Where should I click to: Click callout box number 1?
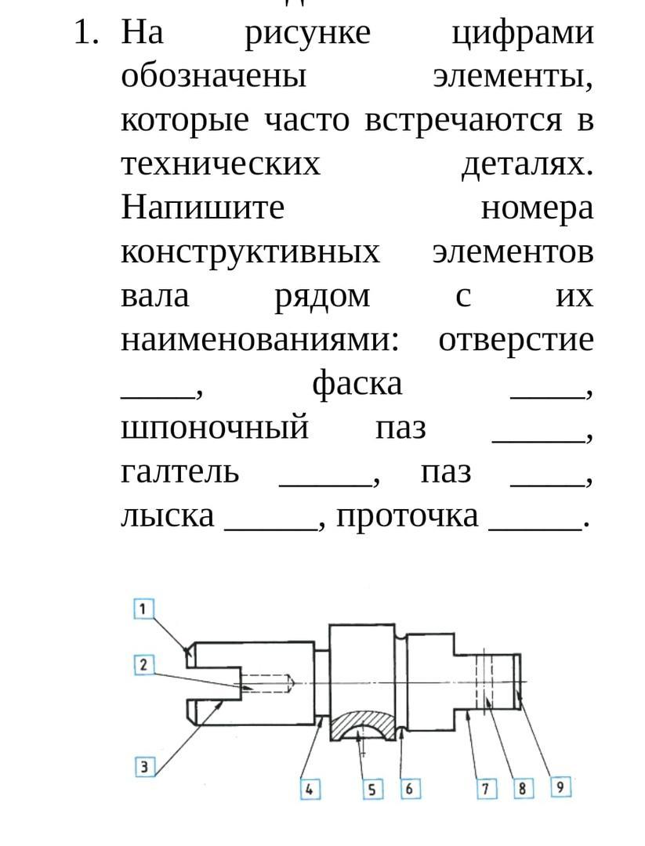coord(143,609)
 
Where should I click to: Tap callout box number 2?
coord(143,665)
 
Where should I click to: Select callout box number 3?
coord(144,767)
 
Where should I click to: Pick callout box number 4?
coord(310,790)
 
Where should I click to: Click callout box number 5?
coord(372,790)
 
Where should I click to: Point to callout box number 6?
coord(410,789)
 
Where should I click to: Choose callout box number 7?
coord(487,790)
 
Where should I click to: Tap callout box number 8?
coord(523,789)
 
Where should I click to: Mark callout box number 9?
coord(560,787)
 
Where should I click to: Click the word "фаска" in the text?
coord(357,384)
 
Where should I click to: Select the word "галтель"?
coord(179,472)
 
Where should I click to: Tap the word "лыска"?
coord(167,515)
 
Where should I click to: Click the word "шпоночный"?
coord(215,428)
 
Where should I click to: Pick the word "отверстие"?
coord(516,341)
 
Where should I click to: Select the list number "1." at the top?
coord(86,32)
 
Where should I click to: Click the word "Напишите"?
coord(202,207)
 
